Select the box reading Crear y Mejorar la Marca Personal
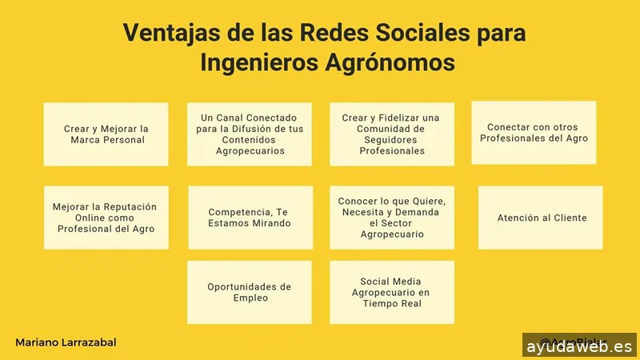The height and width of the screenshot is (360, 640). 106,134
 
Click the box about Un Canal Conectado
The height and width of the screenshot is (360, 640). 250,134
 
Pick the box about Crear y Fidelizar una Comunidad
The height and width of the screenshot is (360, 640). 392,134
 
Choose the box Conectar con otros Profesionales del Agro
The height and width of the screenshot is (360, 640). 534,132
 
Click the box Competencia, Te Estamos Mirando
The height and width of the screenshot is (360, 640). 250,217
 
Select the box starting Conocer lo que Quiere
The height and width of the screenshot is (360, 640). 392,217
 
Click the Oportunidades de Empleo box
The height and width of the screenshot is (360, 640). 250,292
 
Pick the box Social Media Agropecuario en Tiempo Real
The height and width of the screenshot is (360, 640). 392,292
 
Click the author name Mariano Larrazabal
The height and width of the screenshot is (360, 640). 66,342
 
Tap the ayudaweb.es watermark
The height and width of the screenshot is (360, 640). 580,346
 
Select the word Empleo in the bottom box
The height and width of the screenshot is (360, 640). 250,298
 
